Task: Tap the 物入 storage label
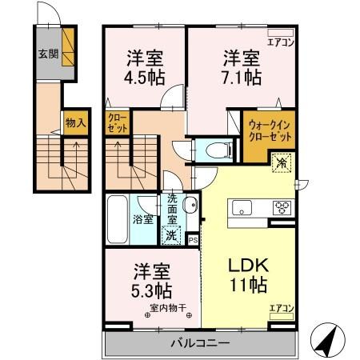74,124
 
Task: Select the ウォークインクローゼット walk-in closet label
267,131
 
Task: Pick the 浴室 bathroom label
144,218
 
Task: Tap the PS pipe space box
193,238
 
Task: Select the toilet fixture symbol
215,150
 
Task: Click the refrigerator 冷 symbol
282,164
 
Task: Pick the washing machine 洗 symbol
170,236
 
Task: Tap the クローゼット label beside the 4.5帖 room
117,123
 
